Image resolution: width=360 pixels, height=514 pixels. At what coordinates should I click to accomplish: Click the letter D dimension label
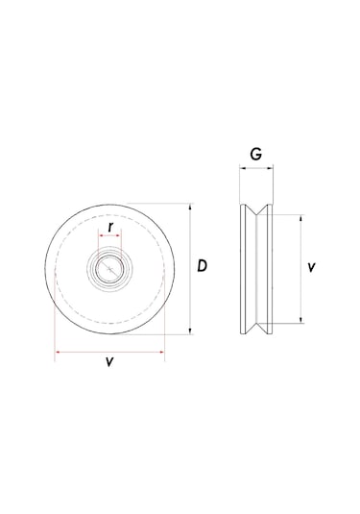click(x=203, y=266)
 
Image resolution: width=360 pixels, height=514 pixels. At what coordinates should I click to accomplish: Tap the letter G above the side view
click(x=255, y=154)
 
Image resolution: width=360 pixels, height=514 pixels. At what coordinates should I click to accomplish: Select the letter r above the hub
click(x=112, y=227)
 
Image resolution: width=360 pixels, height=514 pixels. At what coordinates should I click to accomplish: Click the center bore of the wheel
click(x=111, y=266)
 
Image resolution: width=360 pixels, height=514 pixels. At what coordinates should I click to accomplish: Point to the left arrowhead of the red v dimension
click(x=59, y=352)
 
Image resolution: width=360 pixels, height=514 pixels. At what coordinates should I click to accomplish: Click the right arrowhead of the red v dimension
click(x=162, y=352)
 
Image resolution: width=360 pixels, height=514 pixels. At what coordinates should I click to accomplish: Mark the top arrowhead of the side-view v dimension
click(x=300, y=217)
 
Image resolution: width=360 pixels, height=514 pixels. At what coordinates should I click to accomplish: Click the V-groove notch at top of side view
click(x=255, y=210)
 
